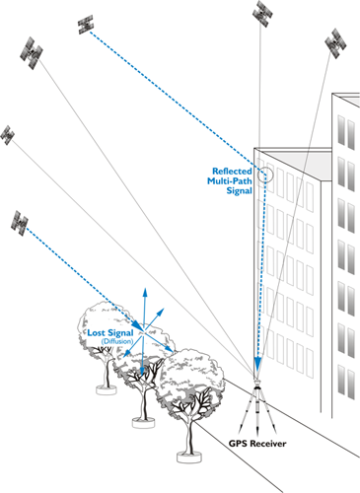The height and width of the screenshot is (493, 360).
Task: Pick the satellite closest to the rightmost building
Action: point(335,41)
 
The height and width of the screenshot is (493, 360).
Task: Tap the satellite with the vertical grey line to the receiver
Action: point(262,11)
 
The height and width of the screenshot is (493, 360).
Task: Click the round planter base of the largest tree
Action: point(186,456)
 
